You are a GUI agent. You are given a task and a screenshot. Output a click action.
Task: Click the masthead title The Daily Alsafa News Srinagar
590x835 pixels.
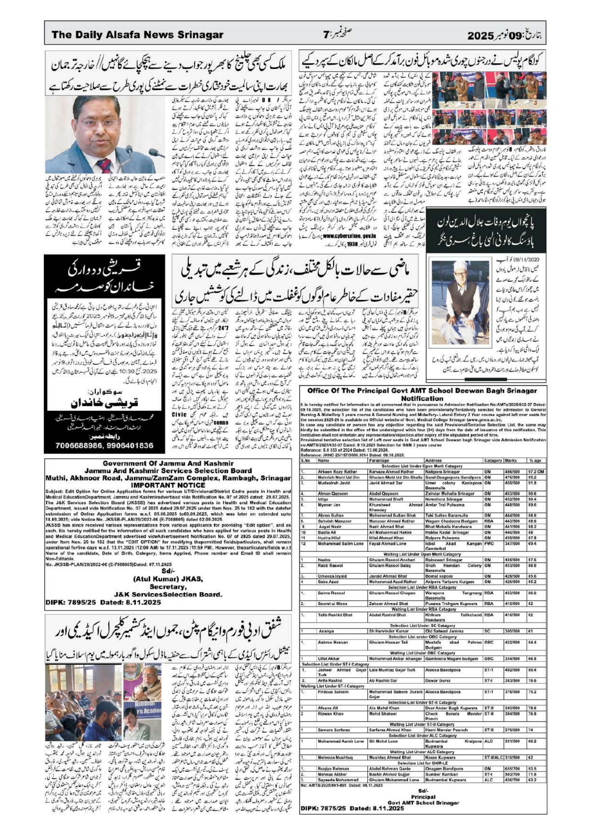coord(137,35)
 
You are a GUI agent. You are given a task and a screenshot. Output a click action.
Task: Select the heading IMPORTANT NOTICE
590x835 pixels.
coord(168,485)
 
